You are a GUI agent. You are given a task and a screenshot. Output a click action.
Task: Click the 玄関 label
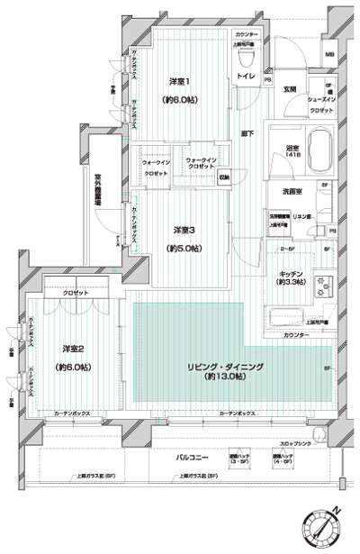291,89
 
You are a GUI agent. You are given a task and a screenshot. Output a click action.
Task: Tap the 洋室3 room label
184,229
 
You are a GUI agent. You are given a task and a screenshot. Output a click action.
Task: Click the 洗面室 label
287,190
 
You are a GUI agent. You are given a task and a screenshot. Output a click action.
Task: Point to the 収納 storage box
222,177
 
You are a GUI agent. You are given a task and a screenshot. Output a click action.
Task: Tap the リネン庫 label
304,219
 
